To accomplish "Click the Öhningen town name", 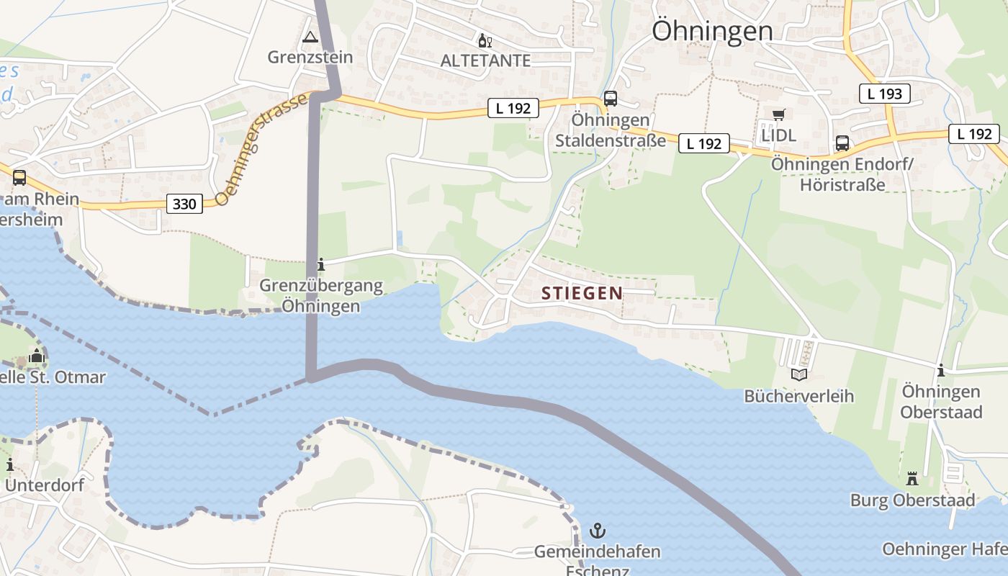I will pyautogui.click(x=712, y=30).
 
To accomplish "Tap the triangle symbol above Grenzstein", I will pyautogui.click(x=310, y=37).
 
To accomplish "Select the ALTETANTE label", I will pyautogui.click(x=485, y=61).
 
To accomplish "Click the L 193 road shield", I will pyautogui.click(x=885, y=93).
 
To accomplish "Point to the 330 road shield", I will pyautogui.click(x=184, y=204).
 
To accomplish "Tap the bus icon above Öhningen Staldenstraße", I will pyautogui.click(x=611, y=99).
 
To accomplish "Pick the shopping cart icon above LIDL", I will pyautogui.click(x=778, y=115).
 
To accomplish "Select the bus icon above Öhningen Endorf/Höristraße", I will pyautogui.click(x=842, y=143).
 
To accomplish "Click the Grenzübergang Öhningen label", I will pyautogui.click(x=320, y=296).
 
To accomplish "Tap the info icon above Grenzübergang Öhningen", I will pyautogui.click(x=320, y=265).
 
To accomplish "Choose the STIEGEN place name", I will pyautogui.click(x=582, y=293).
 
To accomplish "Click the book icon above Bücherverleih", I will pyautogui.click(x=798, y=374).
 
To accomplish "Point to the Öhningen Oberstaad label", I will pyautogui.click(x=941, y=402).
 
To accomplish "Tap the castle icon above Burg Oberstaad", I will pyautogui.click(x=912, y=479).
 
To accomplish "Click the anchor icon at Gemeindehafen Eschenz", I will pyautogui.click(x=597, y=531).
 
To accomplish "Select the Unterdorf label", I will pyautogui.click(x=44, y=485).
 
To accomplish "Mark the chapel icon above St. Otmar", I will pyautogui.click(x=37, y=356).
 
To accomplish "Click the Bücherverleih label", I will pyautogui.click(x=798, y=396).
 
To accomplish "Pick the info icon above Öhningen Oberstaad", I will pyautogui.click(x=940, y=370).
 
